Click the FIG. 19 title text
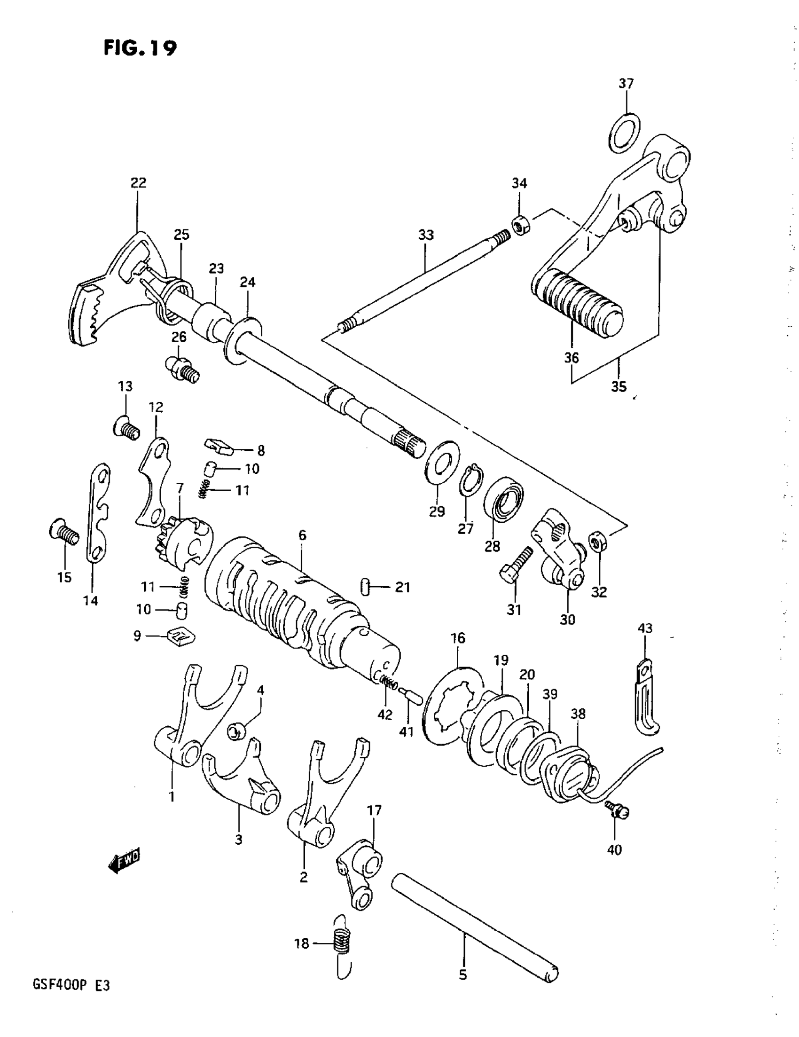140,48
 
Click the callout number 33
426,235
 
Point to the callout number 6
302,535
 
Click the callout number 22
139,183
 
